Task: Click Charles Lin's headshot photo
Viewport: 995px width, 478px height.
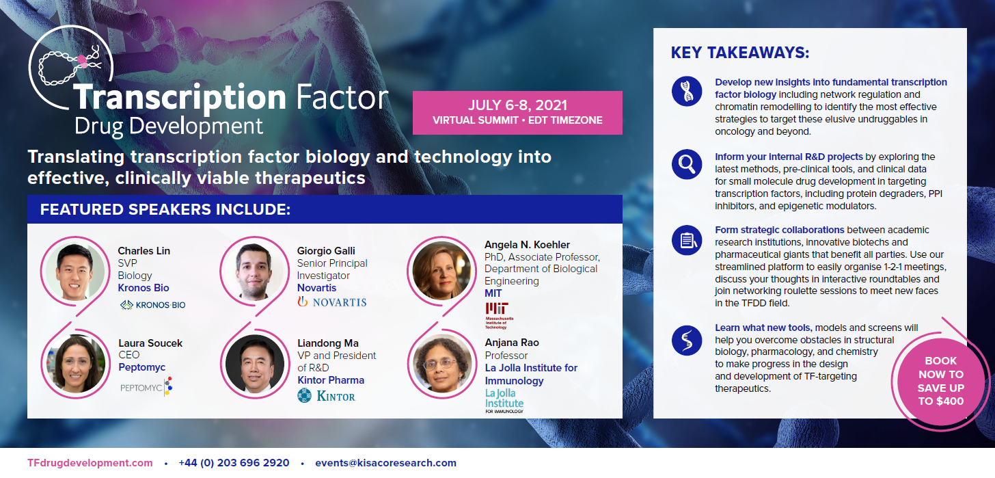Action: pos(73,272)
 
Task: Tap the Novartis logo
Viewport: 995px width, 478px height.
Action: pos(332,302)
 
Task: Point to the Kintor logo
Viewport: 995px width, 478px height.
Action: pos(327,395)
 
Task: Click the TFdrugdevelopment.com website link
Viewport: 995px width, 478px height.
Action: pos(90,463)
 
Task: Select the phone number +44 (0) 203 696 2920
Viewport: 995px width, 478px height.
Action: pos(234,463)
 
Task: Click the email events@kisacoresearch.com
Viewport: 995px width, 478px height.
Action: pos(385,463)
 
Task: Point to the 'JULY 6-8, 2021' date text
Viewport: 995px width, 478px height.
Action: pos(517,106)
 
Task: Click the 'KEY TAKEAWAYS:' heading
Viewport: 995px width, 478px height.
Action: pos(739,53)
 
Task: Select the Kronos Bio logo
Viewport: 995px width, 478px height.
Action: pos(152,305)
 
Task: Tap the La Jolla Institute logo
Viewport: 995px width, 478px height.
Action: pos(504,401)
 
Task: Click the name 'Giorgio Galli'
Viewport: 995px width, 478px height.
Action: pos(326,251)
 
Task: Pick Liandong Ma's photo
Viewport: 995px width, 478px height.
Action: pos(254,364)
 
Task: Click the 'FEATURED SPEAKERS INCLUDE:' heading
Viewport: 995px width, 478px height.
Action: pos(165,209)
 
